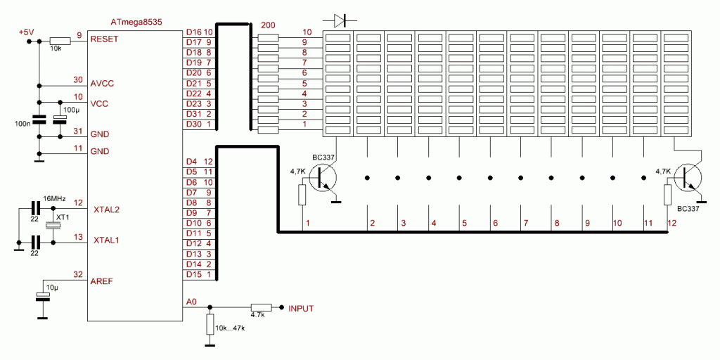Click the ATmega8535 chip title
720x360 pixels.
click(136, 22)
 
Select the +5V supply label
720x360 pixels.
click(27, 32)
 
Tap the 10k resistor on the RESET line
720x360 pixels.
click(59, 41)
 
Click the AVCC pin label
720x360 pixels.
click(103, 83)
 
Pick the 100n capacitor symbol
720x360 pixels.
click(39, 119)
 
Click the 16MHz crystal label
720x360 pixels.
click(55, 200)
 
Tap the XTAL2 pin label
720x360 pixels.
click(106, 209)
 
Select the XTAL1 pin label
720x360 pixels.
click(106, 240)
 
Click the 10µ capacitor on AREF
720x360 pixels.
click(44, 297)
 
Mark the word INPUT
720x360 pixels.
click(301, 308)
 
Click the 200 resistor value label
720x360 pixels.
click(268, 25)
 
